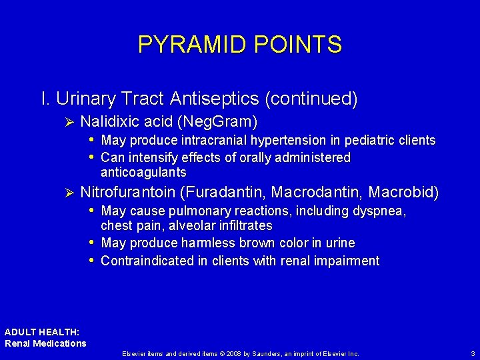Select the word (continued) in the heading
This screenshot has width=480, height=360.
[x=311, y=99]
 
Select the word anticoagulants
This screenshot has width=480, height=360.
[x=143, y=172]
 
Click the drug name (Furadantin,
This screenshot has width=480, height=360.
[x=225, y=193]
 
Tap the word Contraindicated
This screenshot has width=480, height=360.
[x=147, y=261]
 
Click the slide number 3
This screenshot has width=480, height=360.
[x=473, y=353]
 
